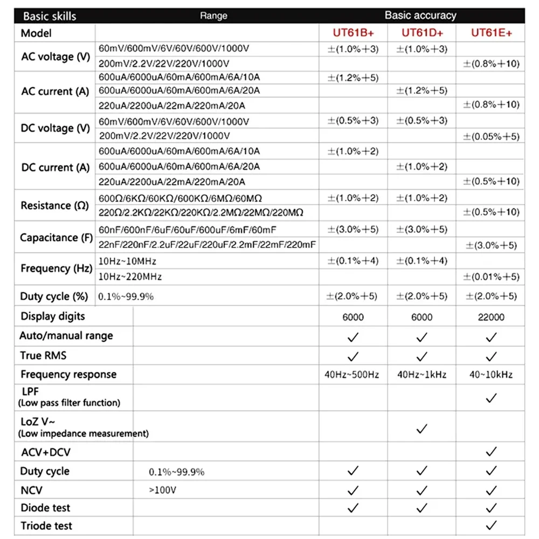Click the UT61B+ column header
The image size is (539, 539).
click(353, 33)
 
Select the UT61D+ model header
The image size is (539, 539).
click(422, 33)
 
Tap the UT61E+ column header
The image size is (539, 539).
click(491, 33)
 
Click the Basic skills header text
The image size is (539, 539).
click(50, 16)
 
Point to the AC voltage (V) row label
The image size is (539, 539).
click(56, 57)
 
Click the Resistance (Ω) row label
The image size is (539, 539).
click(54, 205)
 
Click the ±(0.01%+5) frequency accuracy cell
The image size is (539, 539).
click(491, 277)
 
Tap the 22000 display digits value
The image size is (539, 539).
click(491, 317)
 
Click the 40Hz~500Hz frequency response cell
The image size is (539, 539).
click(353, 375)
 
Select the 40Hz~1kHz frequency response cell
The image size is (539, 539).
click(422, 375)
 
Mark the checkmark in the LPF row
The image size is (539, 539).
click(491, 398)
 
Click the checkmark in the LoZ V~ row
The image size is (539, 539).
click(422, 429)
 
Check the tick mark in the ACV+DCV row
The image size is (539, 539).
click(491, 452)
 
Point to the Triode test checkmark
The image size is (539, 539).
click(491, 526)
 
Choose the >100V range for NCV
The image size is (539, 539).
click(163, 490)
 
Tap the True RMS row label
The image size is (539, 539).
click(44, 356)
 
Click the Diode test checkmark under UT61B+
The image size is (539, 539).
click(353, 508)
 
